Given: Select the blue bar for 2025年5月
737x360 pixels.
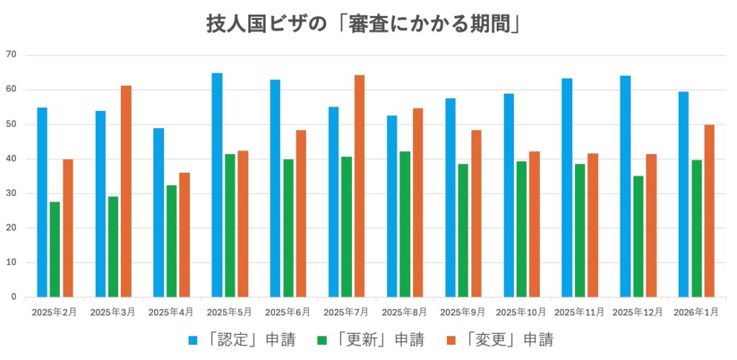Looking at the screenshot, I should (x=217, y=185).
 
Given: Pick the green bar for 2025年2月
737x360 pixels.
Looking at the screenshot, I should (x=55, y=249).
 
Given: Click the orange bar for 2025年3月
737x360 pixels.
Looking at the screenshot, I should (x=126, y=191).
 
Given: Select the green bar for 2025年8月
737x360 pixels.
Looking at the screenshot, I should (x=404, y=224).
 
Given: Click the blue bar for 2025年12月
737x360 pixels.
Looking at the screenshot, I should (x=625, y=186).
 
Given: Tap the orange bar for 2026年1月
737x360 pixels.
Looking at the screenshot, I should (x=709, y=210).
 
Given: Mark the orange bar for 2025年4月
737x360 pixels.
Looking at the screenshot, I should (x=184, y=235).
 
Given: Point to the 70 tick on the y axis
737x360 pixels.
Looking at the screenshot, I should (x=11, y=55).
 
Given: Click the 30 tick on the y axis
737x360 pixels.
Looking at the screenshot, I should (x=11, y=194).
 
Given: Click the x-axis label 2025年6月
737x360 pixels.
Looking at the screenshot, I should (x=288, y=312).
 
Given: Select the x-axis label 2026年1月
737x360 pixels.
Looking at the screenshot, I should (x=696, y=312).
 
